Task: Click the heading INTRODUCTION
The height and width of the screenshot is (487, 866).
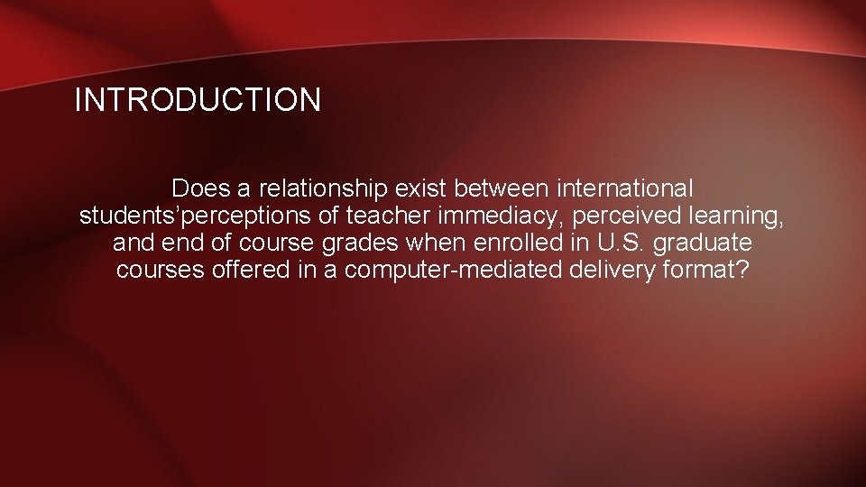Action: (x=197, y=100)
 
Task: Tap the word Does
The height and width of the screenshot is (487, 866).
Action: (x=198, y=189)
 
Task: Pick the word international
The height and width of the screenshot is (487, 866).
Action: (x=626, y=189)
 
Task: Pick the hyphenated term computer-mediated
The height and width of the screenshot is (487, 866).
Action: (x=445, y=271)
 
